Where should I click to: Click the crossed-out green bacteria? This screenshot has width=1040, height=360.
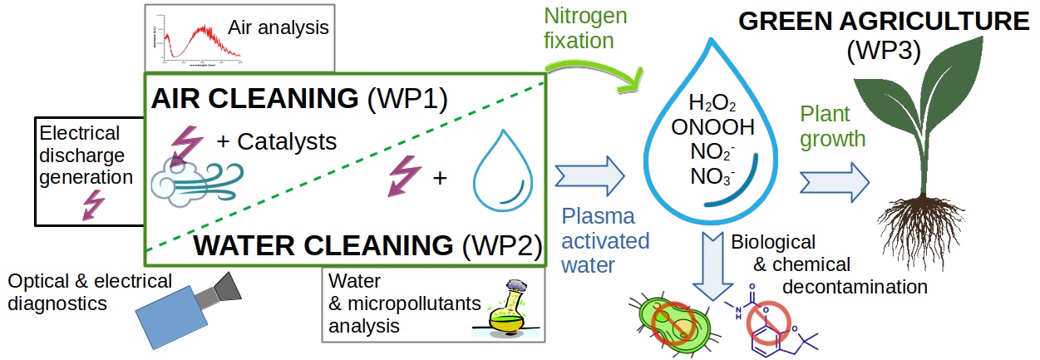point(669,321)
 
